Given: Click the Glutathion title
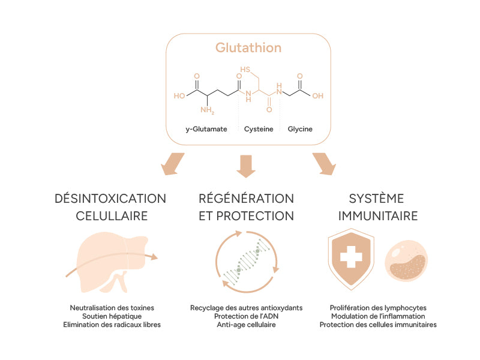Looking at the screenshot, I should pos(248,47).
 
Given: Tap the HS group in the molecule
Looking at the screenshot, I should pos(245,70).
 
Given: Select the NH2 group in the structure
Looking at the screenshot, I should pos(208,110).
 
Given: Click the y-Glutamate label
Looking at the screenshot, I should pos(206,129).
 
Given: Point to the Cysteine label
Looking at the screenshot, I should pos(258,129).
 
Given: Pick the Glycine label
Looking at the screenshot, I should pos(300,129).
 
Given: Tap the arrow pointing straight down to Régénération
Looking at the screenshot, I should pos(246,166).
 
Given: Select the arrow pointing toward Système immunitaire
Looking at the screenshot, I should pos(322,164).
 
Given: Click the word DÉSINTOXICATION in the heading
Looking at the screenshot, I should pos(110,199).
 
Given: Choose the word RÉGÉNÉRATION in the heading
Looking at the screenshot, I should pos(246,199).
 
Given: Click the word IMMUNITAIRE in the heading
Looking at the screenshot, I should pos(377,215).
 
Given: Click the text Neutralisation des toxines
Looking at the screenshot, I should pos(112,308).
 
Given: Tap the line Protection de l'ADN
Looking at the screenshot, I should pos(247,316).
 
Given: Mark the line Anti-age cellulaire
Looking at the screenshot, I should pos(247,325).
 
